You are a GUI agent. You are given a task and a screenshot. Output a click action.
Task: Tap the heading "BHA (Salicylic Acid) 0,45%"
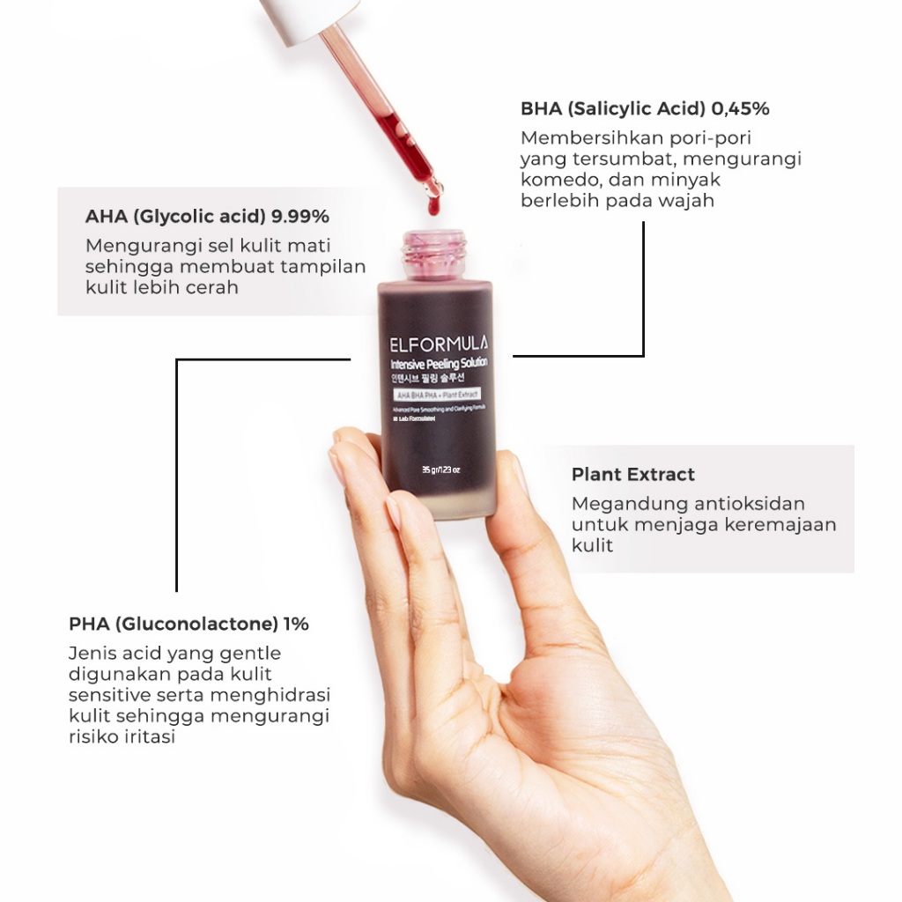point(645,109)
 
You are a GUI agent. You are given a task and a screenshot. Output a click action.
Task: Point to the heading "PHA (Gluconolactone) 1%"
point(189,624)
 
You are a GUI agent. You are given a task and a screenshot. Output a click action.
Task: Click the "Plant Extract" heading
point(632,474)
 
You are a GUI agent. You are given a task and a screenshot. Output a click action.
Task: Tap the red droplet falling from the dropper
point(432,207)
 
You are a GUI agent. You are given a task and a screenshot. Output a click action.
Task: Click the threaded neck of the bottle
point(433,253)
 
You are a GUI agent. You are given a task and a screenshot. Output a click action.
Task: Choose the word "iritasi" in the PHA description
point(147,737)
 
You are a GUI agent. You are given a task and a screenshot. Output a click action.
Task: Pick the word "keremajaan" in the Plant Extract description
point(780,525)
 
